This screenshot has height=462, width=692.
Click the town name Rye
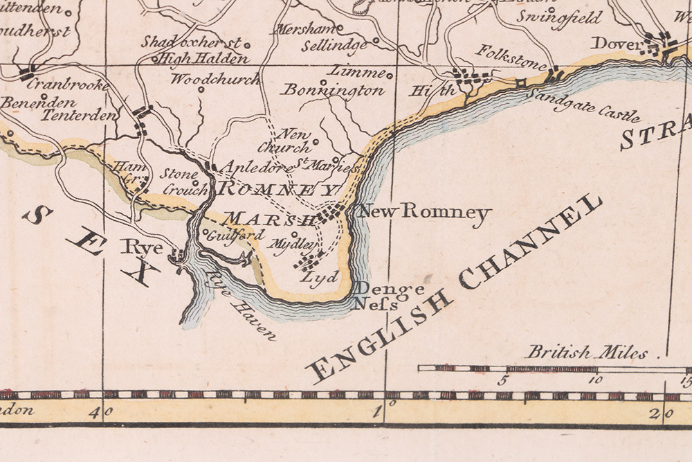coord(143,246)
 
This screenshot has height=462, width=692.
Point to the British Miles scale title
coord(587,352)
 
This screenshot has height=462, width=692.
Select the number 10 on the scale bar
coord(596,380)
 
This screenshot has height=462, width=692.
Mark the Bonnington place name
coord(333,90)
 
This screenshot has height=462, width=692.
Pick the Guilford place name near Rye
coord(227,235)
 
